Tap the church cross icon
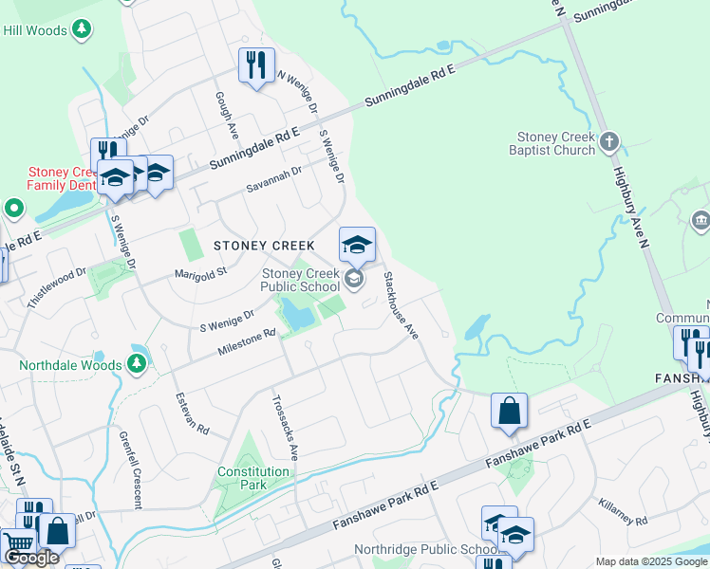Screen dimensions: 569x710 609,143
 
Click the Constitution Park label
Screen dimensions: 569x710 253,477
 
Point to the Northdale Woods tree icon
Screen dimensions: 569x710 138,363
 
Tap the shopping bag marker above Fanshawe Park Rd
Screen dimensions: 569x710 509,411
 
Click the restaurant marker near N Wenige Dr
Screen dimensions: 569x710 256,65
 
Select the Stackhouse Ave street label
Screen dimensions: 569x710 400,305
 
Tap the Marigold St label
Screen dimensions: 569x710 201,273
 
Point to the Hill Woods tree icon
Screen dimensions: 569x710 83,28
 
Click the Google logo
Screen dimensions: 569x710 31,558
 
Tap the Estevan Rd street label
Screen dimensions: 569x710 191,412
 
